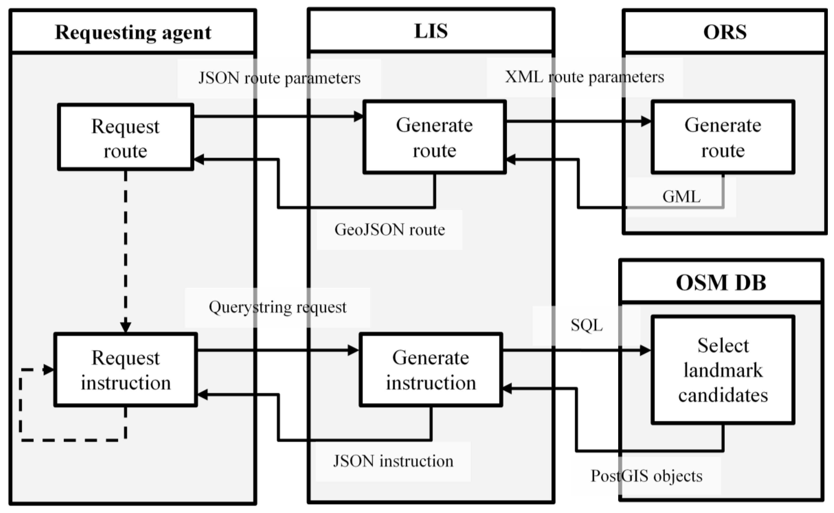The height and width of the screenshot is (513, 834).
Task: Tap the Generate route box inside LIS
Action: click(x=434, y=138)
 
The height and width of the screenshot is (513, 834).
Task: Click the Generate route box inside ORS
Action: click(x=723, y=138)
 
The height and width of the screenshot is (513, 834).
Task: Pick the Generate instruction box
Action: click(x=431, y=370)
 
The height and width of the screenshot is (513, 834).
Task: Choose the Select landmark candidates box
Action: click(x=723, y=370)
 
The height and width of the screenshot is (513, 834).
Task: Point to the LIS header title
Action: click(x=431, y=31)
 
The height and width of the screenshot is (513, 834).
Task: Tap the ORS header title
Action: click(x=725, y=32)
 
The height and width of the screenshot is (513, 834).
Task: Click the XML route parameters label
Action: click(x=584, y=77)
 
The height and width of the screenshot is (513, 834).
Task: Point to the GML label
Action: click(x=681, y=197)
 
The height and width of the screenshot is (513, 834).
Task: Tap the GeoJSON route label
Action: click(x=390, y=230)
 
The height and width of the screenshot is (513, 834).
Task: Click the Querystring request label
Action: click(x=278, y=307)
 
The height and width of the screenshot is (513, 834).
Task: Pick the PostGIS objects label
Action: click(x=646, y=476)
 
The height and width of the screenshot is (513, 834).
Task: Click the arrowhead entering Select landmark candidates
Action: click(x=645, y=351)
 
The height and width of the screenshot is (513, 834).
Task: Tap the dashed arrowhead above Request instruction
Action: click(x=126, y=326)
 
